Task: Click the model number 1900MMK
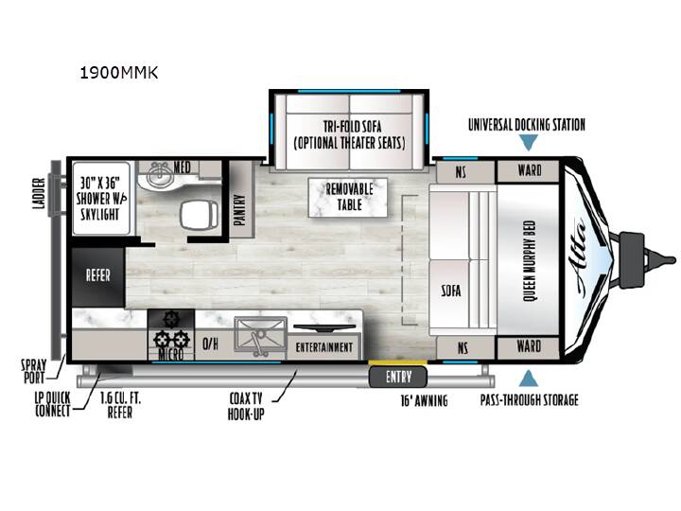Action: pyautogui.click(x=119, y=73)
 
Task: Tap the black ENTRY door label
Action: pyautogui.click(x=398, y=377)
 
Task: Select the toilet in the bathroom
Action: pyautogui.click(x=199, y=215)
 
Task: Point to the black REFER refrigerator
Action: pyautogui.click(x=98, y=276)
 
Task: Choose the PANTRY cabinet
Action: pyautogui.click(x=241, y=199)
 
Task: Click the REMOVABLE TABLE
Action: pyautogui.click(x=348, y=197)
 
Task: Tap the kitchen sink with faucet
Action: pyautogui.click(x=261, y=335)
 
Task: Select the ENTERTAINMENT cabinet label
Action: pyautogui.click(x=324, y=346)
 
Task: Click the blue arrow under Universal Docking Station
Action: pyautogui.click(x=529, y=142)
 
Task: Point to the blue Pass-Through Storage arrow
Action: pyautogui.click(x=529, y=378)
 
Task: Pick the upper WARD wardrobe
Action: pyautogui.click(x=528, y=170)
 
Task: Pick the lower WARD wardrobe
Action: pyautogui.click(x=528, y=347)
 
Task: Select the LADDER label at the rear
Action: pyautogui.click(x=39, y=193)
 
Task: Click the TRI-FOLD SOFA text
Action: pyautogui.click(x=352, y=127)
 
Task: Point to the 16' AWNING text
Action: pyautogui.click(x=424, y=400)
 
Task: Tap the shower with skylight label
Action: pyautogui.click(x=101, y=199)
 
